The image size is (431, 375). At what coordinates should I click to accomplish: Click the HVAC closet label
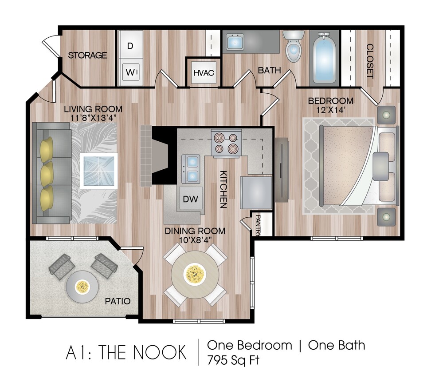point(204,72)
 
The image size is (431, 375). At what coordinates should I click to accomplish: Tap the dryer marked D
point(130,46)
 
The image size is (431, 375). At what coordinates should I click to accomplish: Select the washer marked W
point(130,71)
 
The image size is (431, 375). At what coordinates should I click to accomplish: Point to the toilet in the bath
point(293,46)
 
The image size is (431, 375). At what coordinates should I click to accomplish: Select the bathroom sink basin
point(234,42)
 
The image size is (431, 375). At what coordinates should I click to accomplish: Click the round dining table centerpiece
point(195,275)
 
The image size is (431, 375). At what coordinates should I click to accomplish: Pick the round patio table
point(82,287)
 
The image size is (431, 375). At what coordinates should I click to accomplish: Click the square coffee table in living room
point(99,171)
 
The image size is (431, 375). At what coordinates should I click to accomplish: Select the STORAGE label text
point(87,56)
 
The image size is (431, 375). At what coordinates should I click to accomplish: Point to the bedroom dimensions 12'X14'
point(331,109)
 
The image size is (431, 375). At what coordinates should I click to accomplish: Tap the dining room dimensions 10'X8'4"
point(195,240)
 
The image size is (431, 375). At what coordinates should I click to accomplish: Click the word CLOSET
point(370,61)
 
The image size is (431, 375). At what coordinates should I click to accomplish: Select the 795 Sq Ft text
point(233,359)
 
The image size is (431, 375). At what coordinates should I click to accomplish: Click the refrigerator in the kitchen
point(256,192)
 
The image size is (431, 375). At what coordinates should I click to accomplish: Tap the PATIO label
point(118,301)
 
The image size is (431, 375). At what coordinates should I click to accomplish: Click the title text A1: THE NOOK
point(126,352)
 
